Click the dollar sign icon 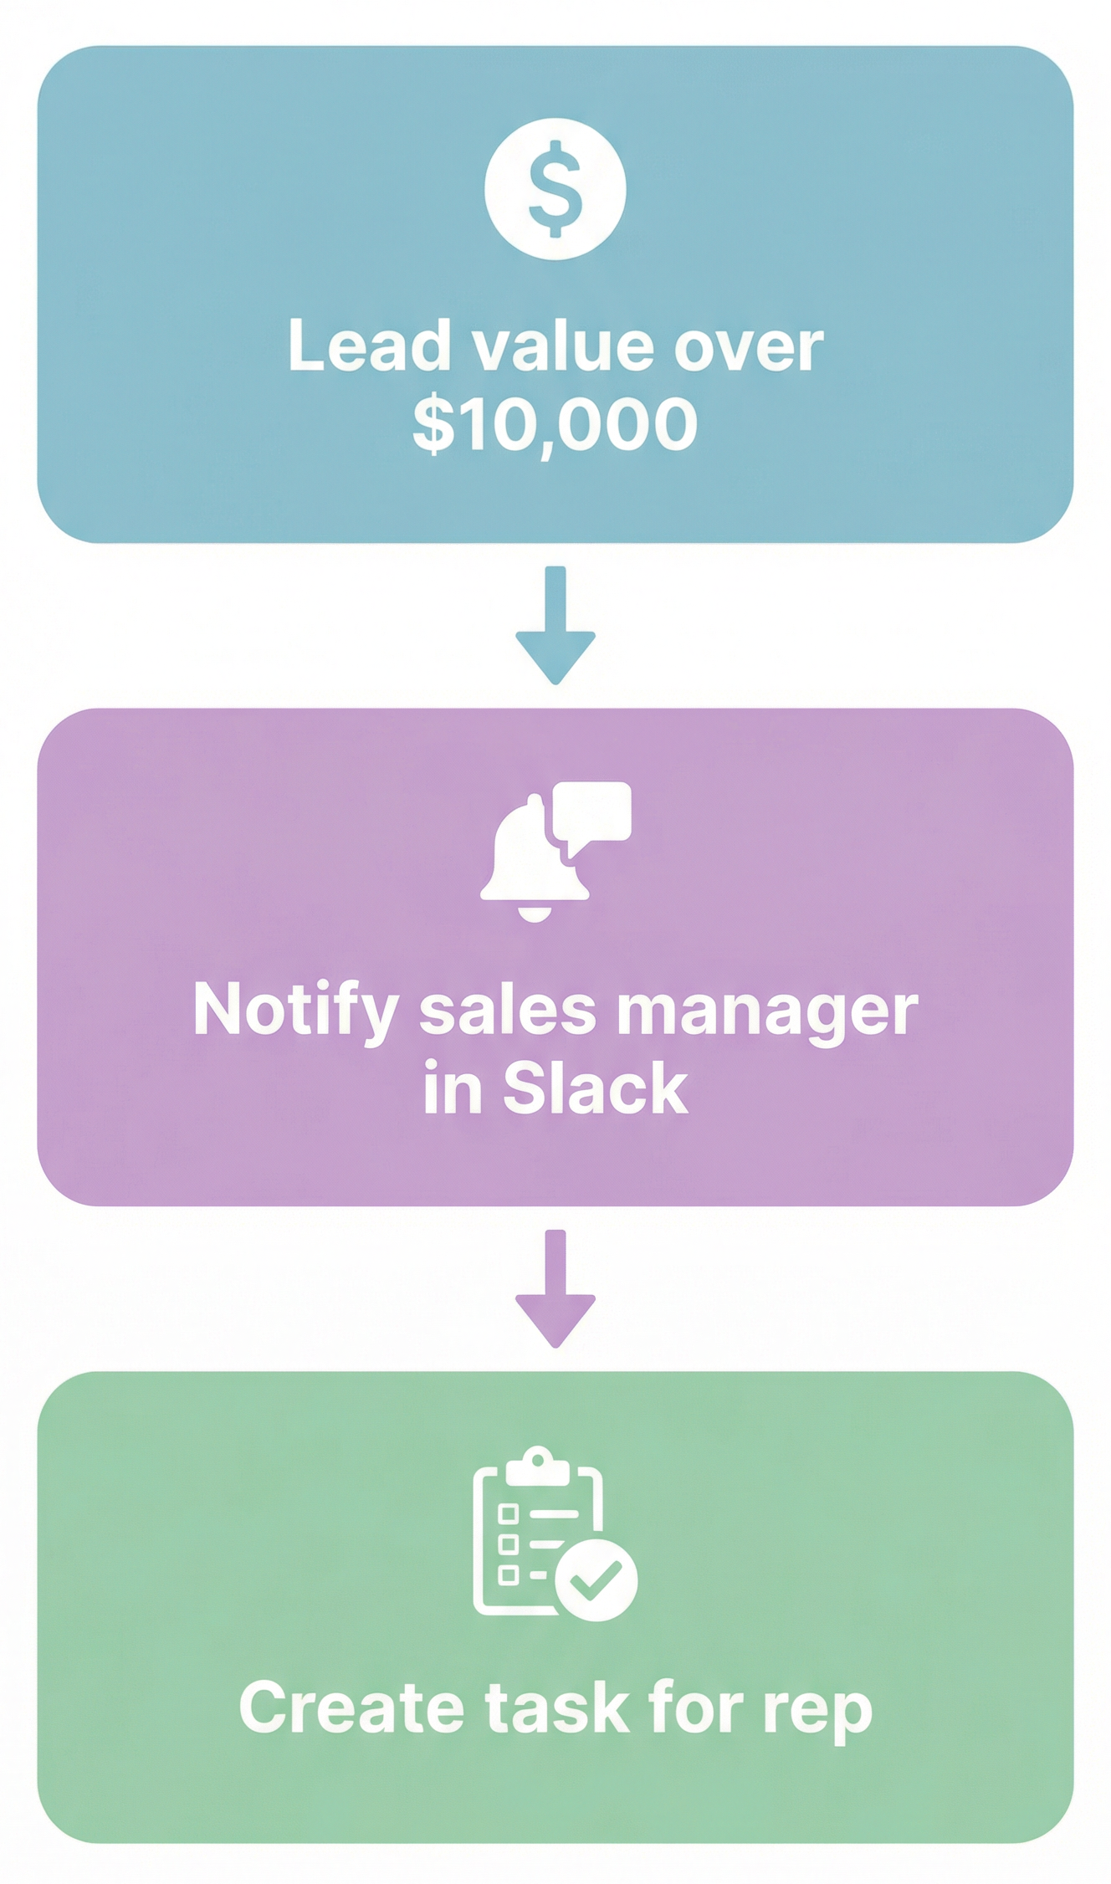(x=555, y=189)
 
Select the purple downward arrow (x=555, y=1289)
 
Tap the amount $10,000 (x=555, y=424)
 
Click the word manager (x=767, y=1013)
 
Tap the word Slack (x=595, y=1088)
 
